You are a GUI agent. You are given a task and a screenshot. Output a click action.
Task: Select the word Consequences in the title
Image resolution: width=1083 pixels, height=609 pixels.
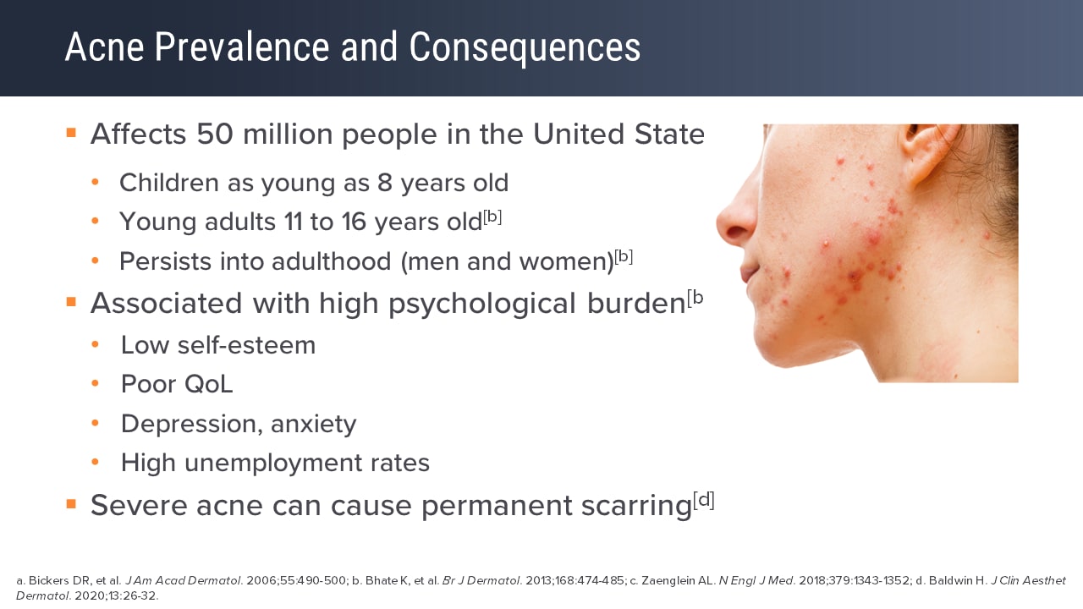pyautogui.click(x=525, y=48)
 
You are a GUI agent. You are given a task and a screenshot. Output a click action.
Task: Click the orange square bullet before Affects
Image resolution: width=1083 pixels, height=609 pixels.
pyautogui.click(x=71, y=133)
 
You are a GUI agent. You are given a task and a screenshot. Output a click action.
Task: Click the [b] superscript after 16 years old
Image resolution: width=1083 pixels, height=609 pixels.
pyautogui.click(x=492, y=217)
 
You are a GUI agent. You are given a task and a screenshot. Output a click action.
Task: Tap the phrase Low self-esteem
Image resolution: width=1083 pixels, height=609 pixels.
pyautogui.click(x=218, y=345)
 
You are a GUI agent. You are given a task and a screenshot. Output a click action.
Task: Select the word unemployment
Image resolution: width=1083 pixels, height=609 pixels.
pyautogui.click(x=275, y=463)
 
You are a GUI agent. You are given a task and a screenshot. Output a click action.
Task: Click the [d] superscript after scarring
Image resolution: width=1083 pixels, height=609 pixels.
pyautogui.click(x=704, y=500)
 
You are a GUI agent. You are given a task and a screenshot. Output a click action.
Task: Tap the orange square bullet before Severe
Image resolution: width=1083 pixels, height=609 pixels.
pyautogui.click(x=71, y=504)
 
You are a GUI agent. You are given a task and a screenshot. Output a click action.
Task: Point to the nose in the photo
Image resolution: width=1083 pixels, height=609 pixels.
pyautogui.click(x=733, y=222)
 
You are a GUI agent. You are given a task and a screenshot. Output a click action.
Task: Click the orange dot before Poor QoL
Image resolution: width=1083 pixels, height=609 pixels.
pyautogui.click(x=96, y=384)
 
